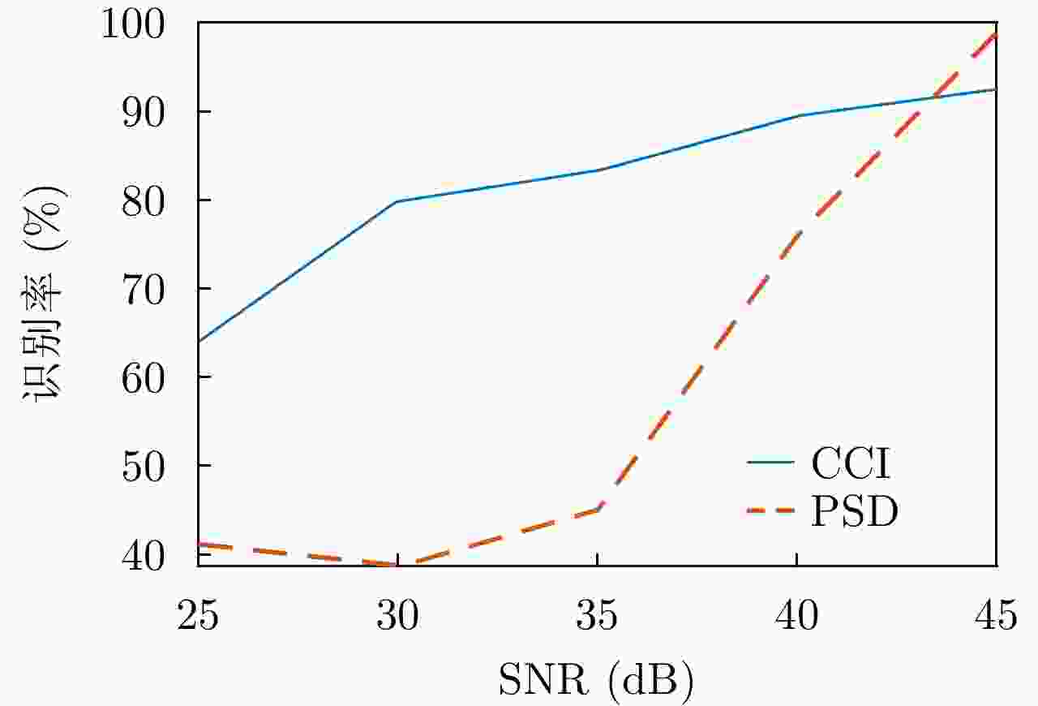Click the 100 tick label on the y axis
click(x=143, y=24)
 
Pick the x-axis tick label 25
click(x=198, y=617)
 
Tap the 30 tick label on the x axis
click(x=397, y=617)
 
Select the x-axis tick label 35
click(x=597, y=617)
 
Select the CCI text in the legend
click(x=851, y=464)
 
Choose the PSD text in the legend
click(x=855, y=512)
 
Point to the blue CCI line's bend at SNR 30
click(x=397, y=201)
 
